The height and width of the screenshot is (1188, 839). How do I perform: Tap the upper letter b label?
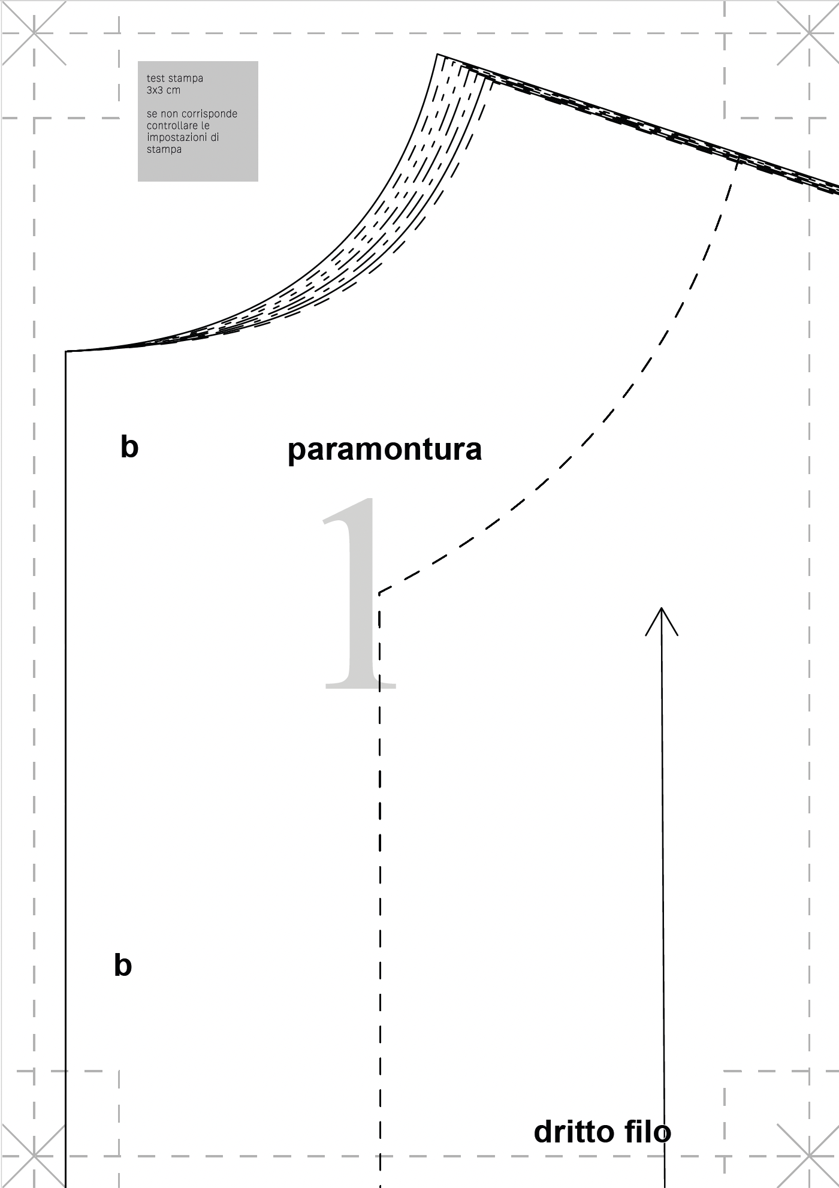(x=129, y=447)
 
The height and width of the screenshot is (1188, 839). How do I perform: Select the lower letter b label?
(x=123, y=966)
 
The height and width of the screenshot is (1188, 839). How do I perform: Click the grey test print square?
(x=198, y=121)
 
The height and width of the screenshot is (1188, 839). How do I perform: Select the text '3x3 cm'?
(x=164, y=91)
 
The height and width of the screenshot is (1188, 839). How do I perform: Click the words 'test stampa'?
(x=175, y=79)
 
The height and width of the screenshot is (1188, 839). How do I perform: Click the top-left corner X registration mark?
(x=34, y=34)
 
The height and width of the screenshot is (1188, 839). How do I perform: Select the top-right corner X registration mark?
(x=809, y=34)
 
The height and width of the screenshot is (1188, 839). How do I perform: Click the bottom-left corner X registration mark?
(x=34, y=1156)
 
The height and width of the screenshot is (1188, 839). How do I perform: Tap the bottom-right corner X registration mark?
(x=809, y=1156)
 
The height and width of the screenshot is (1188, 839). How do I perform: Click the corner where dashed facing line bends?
(x=379, y=594)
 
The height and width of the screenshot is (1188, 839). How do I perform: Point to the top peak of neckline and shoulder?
(x=437, y=55)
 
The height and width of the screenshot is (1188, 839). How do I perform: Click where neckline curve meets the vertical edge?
(x=65, y=351)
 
